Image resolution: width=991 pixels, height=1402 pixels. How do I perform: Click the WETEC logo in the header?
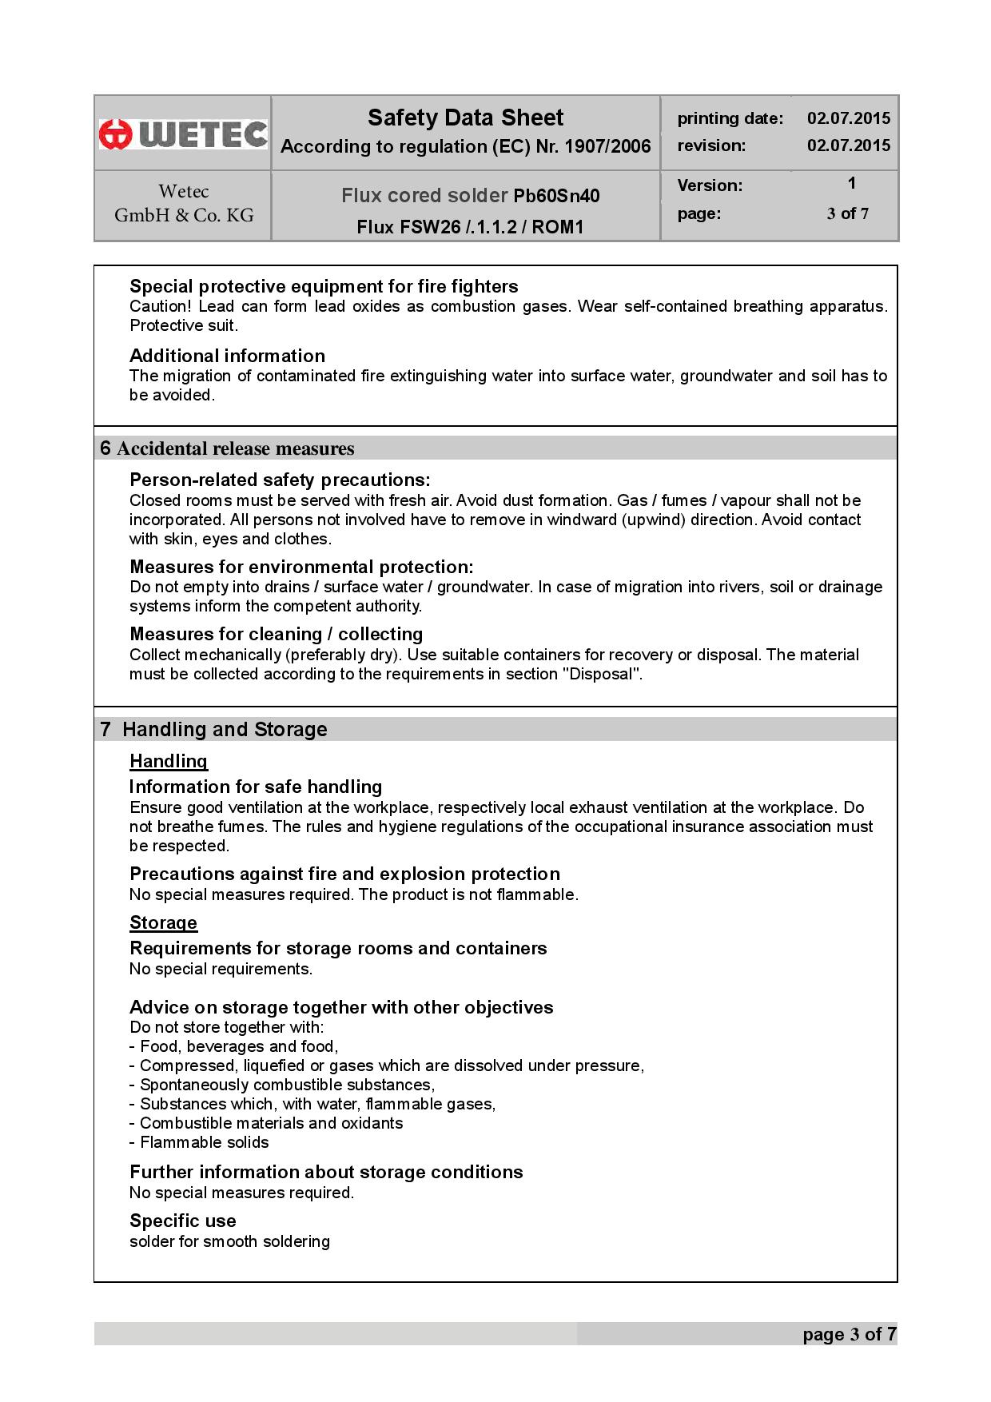click(x=183, y=133)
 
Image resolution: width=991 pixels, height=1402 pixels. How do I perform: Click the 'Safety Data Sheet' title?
click(x=465, y=118)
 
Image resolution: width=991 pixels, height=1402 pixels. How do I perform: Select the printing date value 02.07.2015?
click(x=848, y=118)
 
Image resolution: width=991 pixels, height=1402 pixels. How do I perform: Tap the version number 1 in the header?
click(x=852, y=183)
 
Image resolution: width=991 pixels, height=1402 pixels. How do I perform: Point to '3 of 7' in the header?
click(x=848, y=213)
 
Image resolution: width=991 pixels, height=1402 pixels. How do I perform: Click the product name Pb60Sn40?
click(x=556, y=196)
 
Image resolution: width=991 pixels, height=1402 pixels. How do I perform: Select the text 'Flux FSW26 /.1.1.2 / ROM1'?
click(x=470, y=227)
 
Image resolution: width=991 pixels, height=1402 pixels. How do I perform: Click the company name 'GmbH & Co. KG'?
click(x=184, y=215)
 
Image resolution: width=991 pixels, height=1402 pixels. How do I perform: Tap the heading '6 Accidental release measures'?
click(x=228, y=448)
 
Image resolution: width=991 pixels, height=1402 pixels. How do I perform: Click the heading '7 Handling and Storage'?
click(x=214, y=729)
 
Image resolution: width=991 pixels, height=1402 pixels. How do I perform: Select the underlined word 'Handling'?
click(x=169, y=761)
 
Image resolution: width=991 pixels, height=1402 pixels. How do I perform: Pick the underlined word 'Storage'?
click(x=163, y=922)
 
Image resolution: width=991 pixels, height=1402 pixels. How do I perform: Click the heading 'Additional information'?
click(x=227, y=356)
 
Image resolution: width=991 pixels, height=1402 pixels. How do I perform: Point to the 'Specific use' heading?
click(x=183, y=1221)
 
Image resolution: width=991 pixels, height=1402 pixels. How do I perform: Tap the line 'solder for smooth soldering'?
click(x=229, y=1241)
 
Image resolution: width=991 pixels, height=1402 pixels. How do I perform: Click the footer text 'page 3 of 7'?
click(x=850, y=1334)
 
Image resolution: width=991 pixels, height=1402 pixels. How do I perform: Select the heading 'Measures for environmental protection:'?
click(x=301, y=567)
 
